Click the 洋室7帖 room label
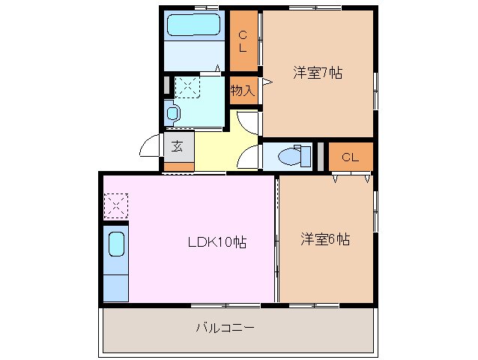318,73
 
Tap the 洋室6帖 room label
325,240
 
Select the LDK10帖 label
217,242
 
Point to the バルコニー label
225,327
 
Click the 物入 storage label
243,90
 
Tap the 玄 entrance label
178,145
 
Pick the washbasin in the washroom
173,113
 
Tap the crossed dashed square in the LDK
116,204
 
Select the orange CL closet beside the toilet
350,157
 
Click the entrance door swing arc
150,146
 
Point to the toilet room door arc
248,155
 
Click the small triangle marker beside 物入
267,81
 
